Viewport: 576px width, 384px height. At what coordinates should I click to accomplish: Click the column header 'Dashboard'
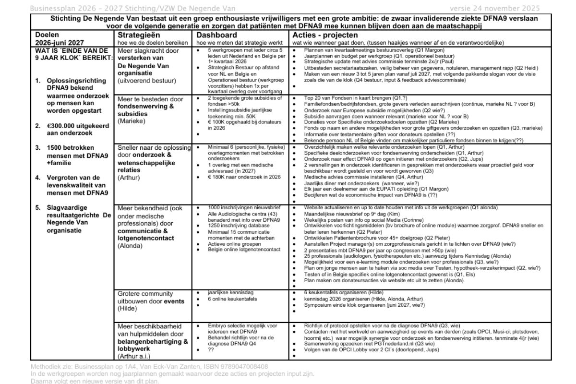[216, 35]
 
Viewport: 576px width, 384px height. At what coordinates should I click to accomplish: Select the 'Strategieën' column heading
[138, 35]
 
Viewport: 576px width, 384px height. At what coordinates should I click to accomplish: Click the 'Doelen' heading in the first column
[48, 35]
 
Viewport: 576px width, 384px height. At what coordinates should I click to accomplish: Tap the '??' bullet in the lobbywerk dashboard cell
[211, 349]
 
